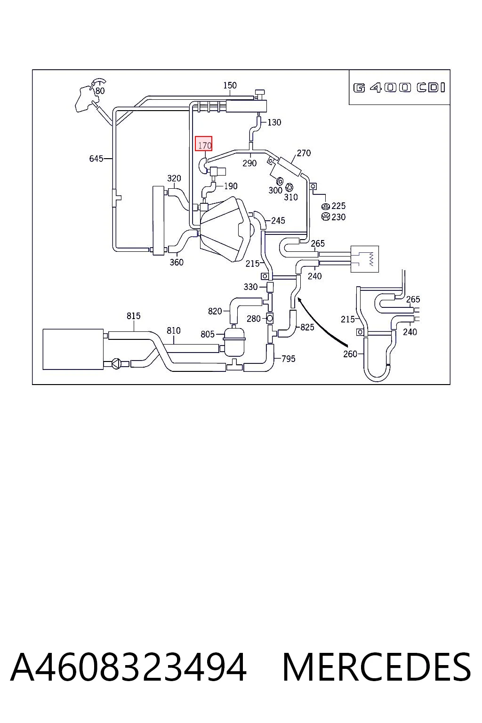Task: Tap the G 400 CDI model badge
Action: [399, 88]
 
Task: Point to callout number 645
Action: [96, 159]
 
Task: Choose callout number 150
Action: [230, 85]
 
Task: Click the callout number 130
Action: [274, 122]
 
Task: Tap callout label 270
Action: [304, 153]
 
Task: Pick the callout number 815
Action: [133, 316]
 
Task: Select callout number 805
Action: [207, 334]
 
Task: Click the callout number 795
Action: [288, 359]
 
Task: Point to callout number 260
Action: [350, 354]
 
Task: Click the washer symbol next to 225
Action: [325, 207]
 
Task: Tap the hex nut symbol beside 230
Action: [326, 217]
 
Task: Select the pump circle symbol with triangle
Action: [116, 364]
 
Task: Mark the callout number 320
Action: [174, 178]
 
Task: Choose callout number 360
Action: [177, 262]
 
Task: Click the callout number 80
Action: [100, 91]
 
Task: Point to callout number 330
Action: [250, 287]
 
